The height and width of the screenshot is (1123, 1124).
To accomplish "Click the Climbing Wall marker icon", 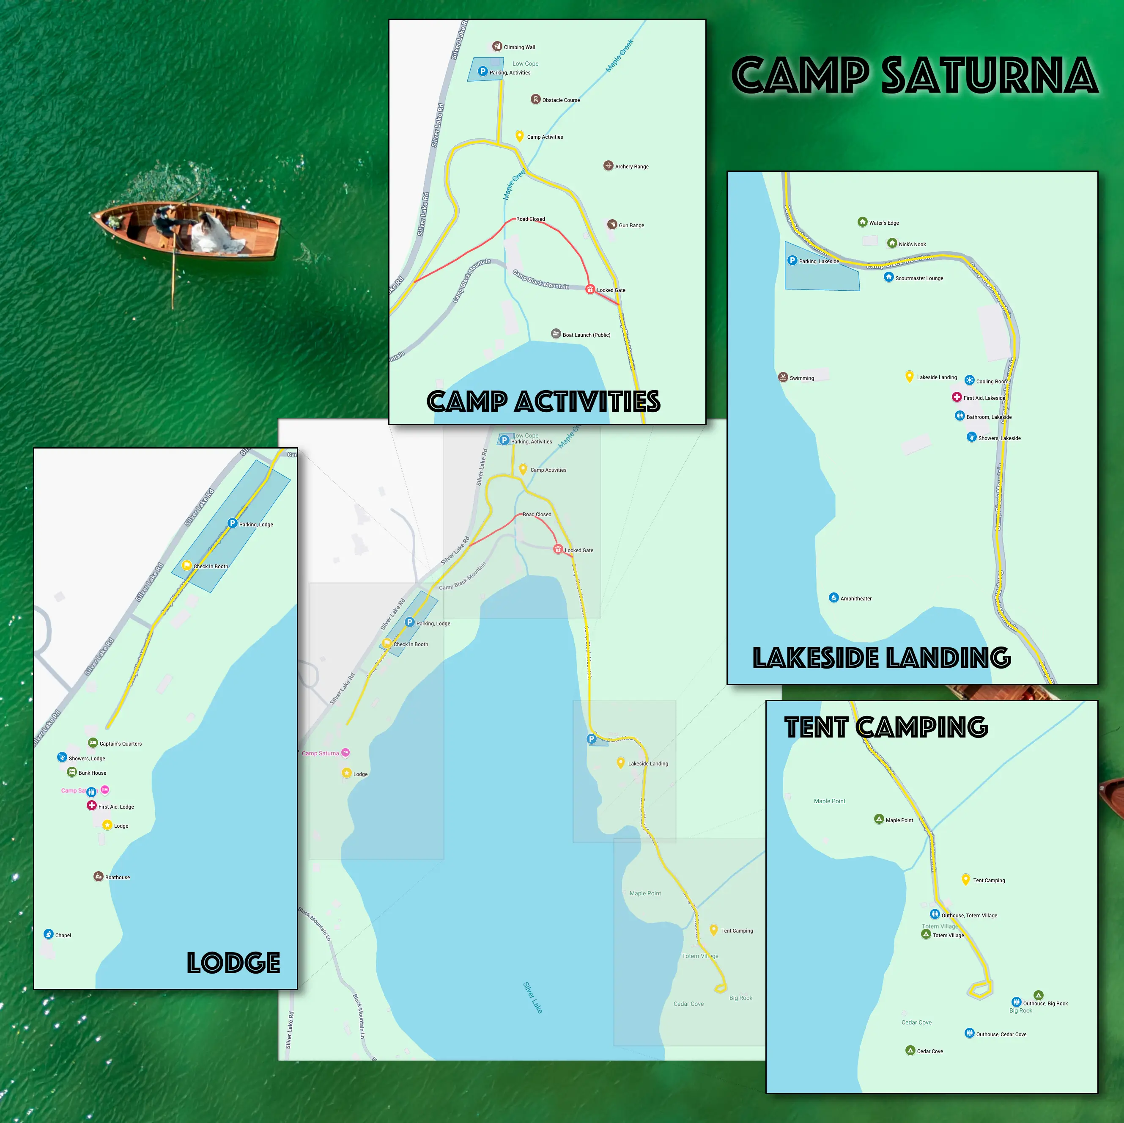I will (x=497, y=47).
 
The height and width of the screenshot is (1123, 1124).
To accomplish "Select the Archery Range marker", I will (x=608, y=166).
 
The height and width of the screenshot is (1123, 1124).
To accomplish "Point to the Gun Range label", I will (x=631, y=225).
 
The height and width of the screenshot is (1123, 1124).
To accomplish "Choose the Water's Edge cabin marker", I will (x=862, y=222).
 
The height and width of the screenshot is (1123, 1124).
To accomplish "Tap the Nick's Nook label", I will (x=912, y=245).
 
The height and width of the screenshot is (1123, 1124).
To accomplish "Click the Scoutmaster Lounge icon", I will (x=888, y=277).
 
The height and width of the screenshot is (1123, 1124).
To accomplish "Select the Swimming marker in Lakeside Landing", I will (x=783, y=377).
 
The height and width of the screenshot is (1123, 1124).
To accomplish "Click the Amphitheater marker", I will (x=833, y=598).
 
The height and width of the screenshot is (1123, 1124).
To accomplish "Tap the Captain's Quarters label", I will (x=121, y=744).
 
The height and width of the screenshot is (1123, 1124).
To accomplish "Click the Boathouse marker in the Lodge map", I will (x=99, y=877).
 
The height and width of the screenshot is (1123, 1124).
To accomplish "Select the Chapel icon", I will (x=48, y=934).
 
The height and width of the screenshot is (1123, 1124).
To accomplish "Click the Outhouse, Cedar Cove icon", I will (x=969, y=1033).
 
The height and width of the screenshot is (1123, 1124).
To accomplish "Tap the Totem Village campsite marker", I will (x=926, y=934).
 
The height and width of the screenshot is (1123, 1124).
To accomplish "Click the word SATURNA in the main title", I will (x=989, y=76).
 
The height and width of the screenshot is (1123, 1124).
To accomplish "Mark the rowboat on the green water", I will (x=186, y=230).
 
